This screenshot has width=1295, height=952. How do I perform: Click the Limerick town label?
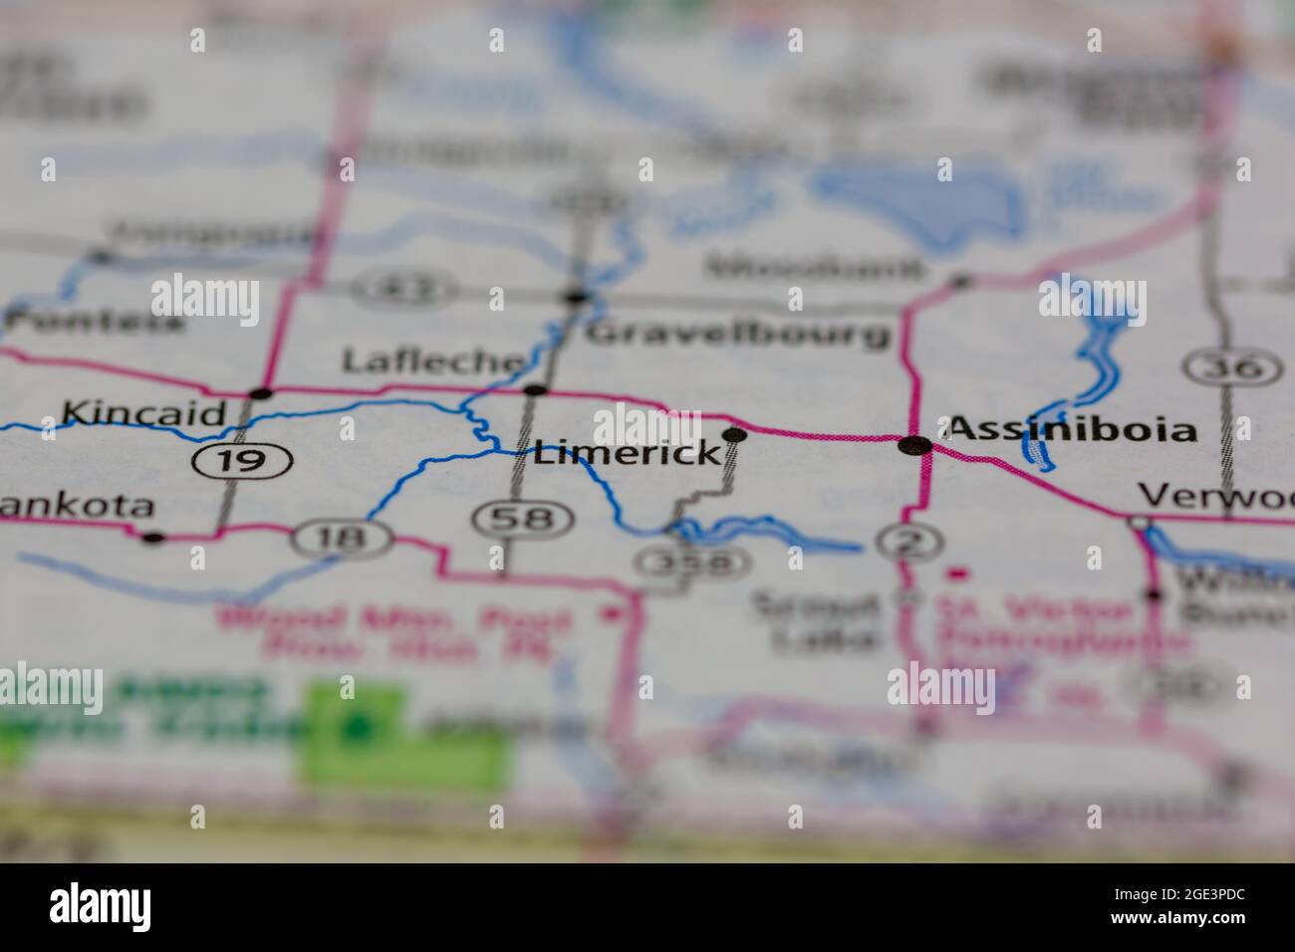pyautogui.click(x=627, y=454)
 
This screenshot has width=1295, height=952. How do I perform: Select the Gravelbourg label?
pyautogui.click(x=737, y=333)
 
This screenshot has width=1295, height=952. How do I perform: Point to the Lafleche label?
pyautogui.click(x=432, y=360)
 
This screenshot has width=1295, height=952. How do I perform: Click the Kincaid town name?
pyautogui.click(x=143, y=413)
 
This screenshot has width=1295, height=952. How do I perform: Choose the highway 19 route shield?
pyautogui.click(x=242, y=460)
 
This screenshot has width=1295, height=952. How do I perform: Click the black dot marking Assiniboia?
pyautogui.click(x=914, y=445)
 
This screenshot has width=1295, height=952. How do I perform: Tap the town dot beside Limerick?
pyautogui.click(x=734, y=433)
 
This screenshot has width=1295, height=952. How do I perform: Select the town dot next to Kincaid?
pyautogui.click(x=261, y=393)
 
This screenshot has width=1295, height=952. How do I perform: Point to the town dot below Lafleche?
pyautogui.click(x=535, y=389)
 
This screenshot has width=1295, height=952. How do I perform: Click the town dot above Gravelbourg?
pyautogui.click(x=576, y=297)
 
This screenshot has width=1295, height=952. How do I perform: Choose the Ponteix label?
pyautogui.click(x=96, y=322)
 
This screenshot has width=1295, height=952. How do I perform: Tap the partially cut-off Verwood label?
pyautogui.click(x=1215, y=496)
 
